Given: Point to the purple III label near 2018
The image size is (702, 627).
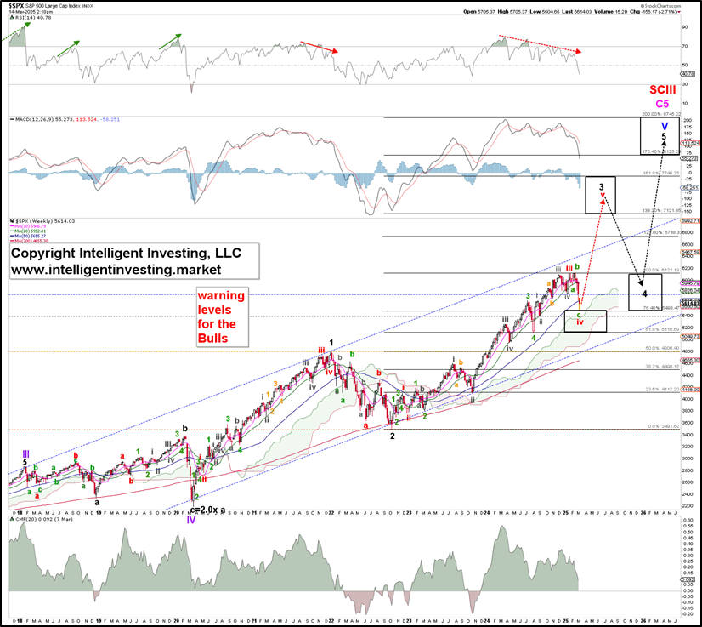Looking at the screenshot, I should (x=26, y=453).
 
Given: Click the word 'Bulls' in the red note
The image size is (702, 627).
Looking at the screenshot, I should (x=213, y=338).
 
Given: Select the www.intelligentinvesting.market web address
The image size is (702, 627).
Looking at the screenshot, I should (x=116, y=269).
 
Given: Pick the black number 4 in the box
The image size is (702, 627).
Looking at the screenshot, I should (x=645, y=294).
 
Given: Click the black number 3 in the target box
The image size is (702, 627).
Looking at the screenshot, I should (x=601, y=185).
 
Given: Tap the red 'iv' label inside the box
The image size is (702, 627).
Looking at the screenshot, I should (x=580, y=322).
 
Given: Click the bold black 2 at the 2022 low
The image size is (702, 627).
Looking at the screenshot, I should (x=392, y=435).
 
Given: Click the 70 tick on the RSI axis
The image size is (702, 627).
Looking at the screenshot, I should (x=684, y=47).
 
